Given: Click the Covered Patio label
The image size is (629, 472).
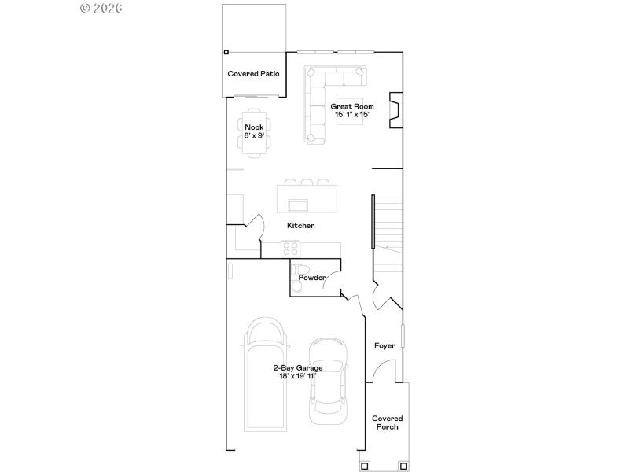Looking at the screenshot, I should point(254,74).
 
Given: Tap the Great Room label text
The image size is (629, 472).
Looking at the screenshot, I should point(351,106).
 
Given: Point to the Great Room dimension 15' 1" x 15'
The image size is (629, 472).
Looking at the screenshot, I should point(351,115).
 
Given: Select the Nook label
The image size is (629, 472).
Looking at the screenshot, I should point(254,127).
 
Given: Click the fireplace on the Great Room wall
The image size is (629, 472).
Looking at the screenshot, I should point(398,109).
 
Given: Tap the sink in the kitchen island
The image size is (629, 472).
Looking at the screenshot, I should point(299,205).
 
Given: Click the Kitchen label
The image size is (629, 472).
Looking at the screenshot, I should point(300,226).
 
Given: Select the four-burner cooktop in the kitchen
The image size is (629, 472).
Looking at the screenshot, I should point(291,249).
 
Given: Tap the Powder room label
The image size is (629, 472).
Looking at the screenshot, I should point(311,277).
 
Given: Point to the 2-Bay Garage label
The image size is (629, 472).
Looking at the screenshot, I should point(298,367).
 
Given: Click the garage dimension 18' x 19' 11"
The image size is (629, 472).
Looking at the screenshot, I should point(298,376).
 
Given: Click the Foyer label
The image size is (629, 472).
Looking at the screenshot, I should point(384,345).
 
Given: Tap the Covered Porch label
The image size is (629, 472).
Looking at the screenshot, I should point(387,422).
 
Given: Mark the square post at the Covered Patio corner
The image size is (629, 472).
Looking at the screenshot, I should point(226,52).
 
